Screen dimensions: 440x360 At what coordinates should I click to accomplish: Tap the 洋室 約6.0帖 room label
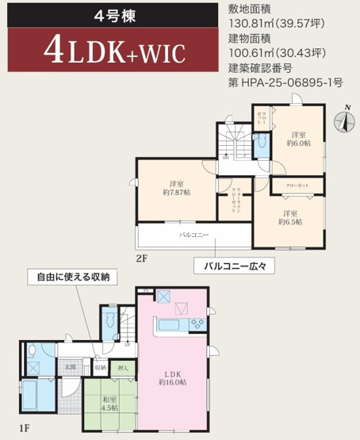click(x=298, y=139)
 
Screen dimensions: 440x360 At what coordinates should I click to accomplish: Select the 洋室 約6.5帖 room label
click(x=289, y=218)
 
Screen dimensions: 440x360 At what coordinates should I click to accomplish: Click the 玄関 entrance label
click(x=70, y=367)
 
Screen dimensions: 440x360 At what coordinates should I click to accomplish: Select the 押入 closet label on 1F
click(x=123, y=367)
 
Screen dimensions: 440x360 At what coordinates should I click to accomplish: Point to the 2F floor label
click(x=142, y=258)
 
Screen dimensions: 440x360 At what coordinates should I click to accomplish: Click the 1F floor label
click(x=28, y=428)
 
